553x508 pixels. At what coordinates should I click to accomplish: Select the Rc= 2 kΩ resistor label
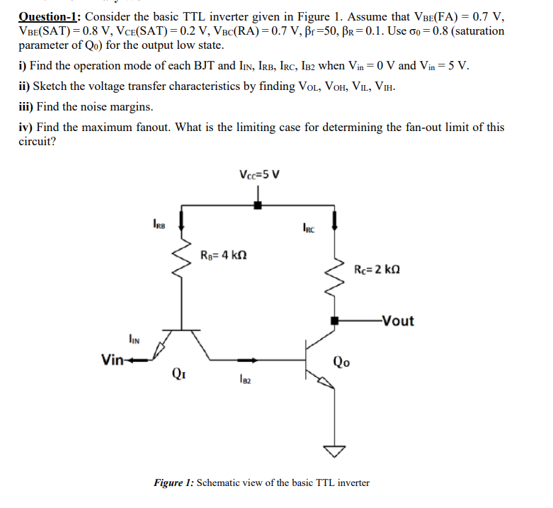pos(382,269)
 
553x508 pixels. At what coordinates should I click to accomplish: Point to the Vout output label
pos(397,320)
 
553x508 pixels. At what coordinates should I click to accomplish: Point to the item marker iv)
pos(25,128)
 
